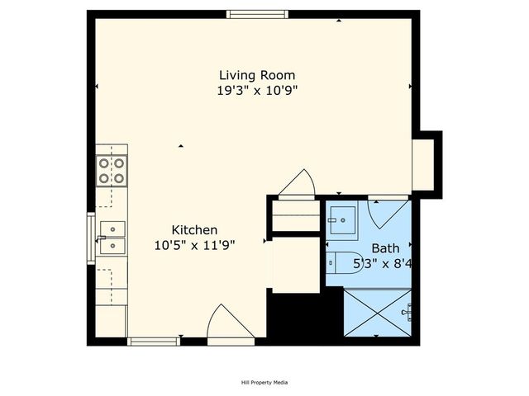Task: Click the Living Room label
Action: click(256, 75)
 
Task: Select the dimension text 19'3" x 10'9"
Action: click(256, 91)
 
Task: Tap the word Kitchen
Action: click(194, 229)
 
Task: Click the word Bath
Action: click(384, 248)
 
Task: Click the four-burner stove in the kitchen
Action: click(112, 170)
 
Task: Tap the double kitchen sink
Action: click(112, 237)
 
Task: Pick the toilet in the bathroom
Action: click(341, 262)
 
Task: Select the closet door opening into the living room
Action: click(297, 185)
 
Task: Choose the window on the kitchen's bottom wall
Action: click(154, 341)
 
